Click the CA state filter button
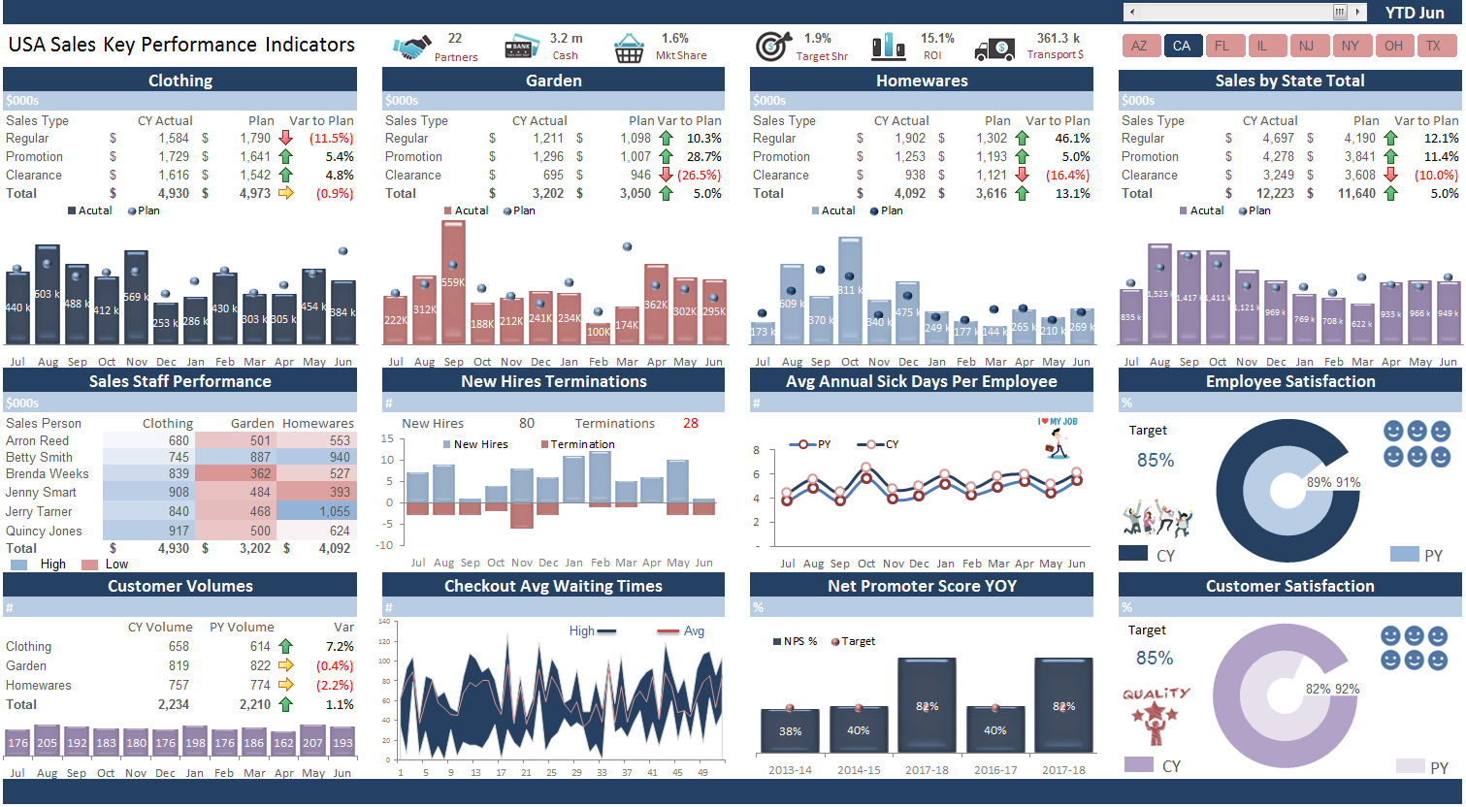(x=1181, y=46)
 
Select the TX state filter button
(x=1433, y=46)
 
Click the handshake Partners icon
(x=411, y=47)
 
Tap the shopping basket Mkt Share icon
(x=629, y=48)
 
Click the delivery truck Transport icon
(x=994, y=48)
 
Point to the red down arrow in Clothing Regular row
(x=285, y=139)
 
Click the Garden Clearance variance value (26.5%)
(x=699, y=176)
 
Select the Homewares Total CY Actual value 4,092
(x=909, y=194)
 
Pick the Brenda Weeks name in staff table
(x=47, y=474)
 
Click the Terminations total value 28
(x=690, y=424)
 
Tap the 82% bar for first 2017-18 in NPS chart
(x=927, y=705)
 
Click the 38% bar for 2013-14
(x=790, y=730)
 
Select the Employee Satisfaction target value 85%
(x=1155, y=461)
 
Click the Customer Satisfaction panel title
(x=1289, y=586)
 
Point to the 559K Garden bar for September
(x=453, y=282)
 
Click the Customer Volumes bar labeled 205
(x=47, y=742)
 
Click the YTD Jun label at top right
(x=1414, y=13)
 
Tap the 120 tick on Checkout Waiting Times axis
(x=384, y=641)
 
